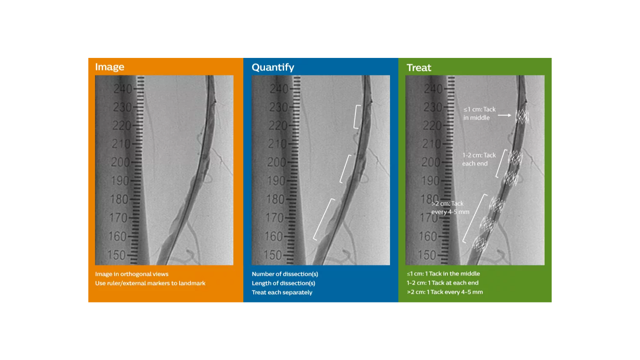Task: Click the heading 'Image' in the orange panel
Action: (110, 67)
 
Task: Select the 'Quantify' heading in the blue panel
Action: (273, 67)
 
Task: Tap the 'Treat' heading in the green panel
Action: (419, 67)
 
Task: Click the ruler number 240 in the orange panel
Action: (122, 89)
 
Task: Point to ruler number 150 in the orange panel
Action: (117, 255)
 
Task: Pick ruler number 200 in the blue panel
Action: (276, 162)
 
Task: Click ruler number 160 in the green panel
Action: (428, 237)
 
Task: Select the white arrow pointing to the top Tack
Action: (504, 115)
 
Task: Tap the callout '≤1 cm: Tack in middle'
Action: (479, 113)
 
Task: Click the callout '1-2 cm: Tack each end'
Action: (479, 159)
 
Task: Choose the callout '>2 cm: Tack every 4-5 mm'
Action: (450, 207)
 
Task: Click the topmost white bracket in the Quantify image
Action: (357, 117)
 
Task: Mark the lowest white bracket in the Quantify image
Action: (323, 220)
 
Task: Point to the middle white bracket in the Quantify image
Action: (345, 169)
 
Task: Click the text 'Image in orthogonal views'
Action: (132, 274)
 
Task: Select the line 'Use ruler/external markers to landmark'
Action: (150, 283)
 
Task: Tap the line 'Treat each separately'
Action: (282, 292)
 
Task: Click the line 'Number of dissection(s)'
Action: (285, 274)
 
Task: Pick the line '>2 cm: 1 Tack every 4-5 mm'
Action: (445, 292)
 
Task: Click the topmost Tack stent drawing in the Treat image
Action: (522, 116)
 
